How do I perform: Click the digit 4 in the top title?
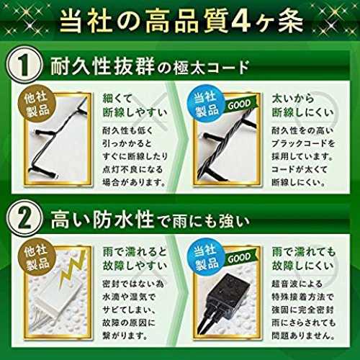244,22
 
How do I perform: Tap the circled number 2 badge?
24,218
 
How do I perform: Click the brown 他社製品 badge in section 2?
37,258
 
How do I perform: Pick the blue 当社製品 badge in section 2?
206,258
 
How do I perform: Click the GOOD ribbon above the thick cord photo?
240,104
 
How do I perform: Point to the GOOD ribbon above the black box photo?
240,258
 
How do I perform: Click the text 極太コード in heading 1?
210,67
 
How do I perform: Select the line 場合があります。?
135,182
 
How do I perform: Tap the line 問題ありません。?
303,336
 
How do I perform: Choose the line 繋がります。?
125,336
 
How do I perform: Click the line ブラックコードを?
303,143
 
